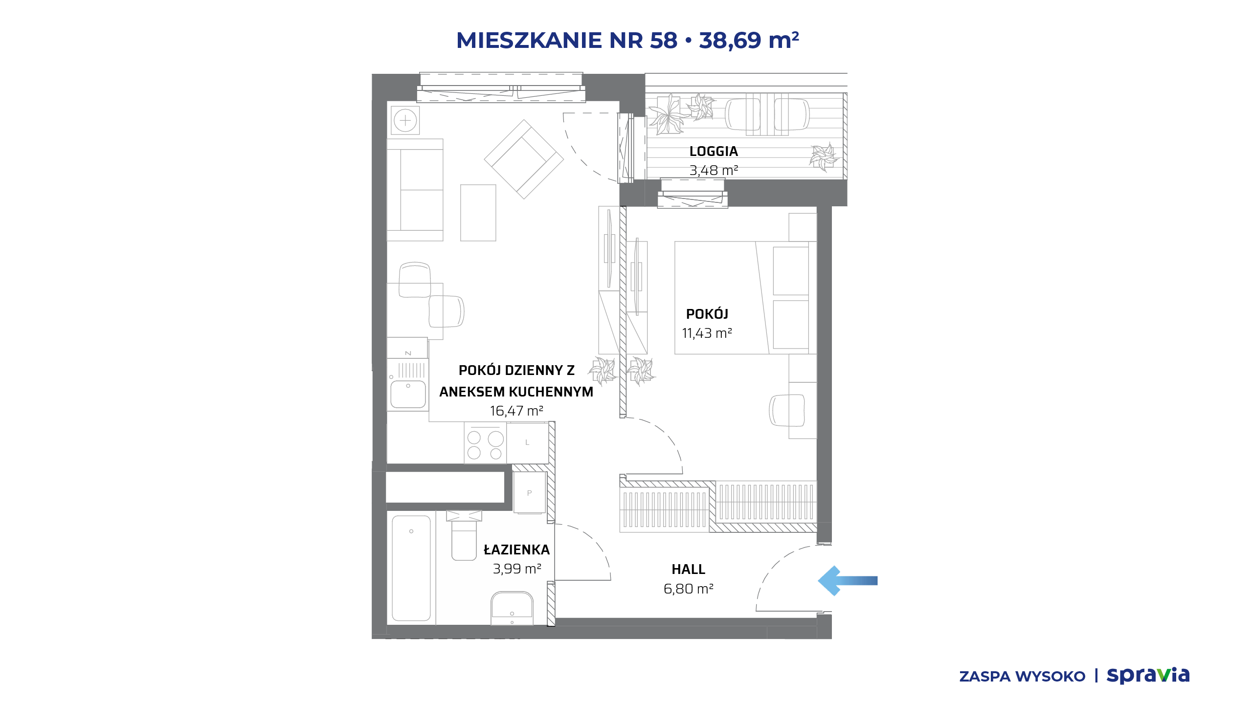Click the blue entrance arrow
coord(847,581)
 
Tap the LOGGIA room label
coord(714,152)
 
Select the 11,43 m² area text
coord(707,333)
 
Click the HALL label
coord(688,570)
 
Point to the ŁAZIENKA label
coord(516,550)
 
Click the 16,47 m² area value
coord(516,411)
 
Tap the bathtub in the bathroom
coord(411,568)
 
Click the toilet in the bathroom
coord(464,535)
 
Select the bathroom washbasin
coord(512,608)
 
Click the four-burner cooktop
coord(485,443)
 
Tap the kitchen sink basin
coord(408,394)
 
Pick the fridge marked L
coord(527,442)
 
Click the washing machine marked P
coord(530,493)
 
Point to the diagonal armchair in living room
coord(524,159)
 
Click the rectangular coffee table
coord(478,213)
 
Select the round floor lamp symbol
coord(405,120)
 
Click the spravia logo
coord(1148,676)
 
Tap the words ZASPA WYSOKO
coord(1022,677)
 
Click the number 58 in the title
coord(664,40)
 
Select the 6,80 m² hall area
coord(688,589)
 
